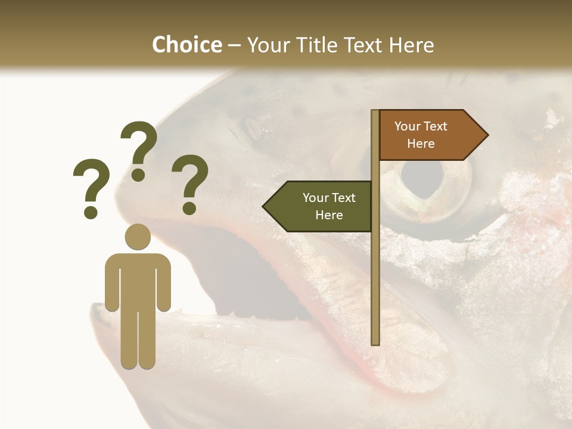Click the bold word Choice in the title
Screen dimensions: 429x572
(186, 45)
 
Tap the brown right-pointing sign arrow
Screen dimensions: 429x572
(433, 135)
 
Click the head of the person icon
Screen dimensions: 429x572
(138, 237)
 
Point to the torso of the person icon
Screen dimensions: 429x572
(138, 280)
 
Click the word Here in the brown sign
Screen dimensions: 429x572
(421, 144)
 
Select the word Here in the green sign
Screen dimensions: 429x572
(329, 215)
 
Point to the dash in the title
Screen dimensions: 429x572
(234, 46)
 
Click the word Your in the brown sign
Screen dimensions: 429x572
(408, 126)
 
